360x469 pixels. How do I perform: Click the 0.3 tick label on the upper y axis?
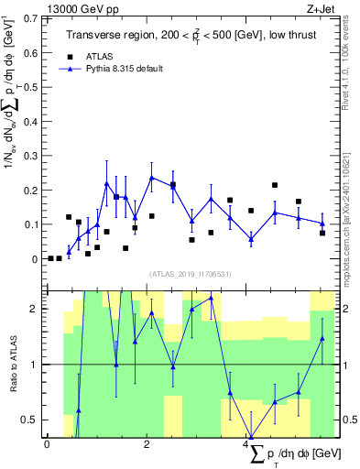pos(30,156)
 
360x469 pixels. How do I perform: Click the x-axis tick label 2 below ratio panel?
pos(147,444)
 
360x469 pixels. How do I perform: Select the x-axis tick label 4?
pos(247,444)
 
